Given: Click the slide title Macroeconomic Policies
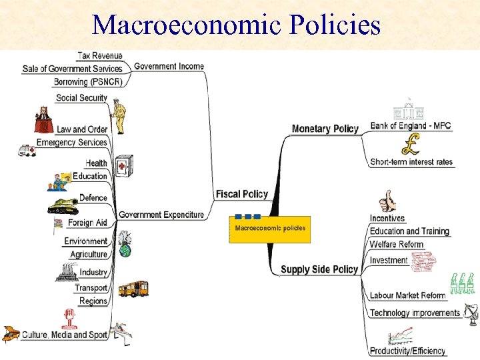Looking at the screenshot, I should [x=237, y=25].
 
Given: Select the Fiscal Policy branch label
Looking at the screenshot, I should [x=241, y=194].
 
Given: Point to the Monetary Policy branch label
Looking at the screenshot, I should [x=325, y=129].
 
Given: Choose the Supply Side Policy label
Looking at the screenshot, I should [x=319, y=269].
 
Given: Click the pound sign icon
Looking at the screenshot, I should [x=411, y=143].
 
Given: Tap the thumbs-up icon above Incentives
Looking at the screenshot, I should [x=387, y=201].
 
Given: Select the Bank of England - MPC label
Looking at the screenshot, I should [x=411, y=125].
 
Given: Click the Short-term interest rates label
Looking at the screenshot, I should [x=411, y=161].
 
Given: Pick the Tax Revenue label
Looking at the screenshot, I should [x=100, y=55].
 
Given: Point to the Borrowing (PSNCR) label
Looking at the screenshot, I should [x=89, y=82].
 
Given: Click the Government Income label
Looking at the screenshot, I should [x=169, y=66].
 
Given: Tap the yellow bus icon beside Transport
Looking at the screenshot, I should [x=133, y=289].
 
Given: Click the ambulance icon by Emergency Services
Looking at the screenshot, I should [x=26, y=151].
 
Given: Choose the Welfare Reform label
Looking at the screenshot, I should [x=397, y=245].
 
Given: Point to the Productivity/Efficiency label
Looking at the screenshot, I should [x=407, y=351].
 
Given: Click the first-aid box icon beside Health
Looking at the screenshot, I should [x=124, y=165].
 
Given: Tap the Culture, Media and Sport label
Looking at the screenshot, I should [x=65, y=335].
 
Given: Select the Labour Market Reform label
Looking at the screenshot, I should [x=407, y=295].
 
